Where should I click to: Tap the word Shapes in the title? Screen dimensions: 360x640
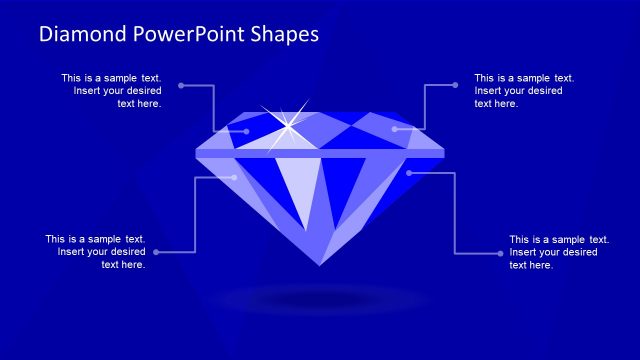286,34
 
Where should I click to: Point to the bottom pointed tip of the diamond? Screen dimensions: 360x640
320,264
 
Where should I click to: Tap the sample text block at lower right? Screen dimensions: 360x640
559,252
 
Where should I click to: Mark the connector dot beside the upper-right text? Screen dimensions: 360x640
457,85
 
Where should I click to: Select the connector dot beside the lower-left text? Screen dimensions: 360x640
155,252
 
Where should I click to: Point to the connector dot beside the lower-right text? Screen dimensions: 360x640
500,253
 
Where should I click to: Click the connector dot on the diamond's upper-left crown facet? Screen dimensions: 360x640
246,130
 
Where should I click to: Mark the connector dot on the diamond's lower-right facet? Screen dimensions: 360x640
409,173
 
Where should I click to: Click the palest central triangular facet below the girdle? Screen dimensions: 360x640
297,190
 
